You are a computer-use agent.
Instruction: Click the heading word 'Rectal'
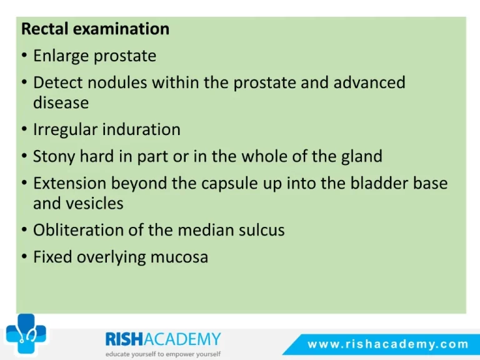(45, 29)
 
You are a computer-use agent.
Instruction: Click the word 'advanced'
(369, 82)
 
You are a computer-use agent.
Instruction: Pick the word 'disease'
(61, 102)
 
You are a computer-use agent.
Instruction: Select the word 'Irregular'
(65, 130)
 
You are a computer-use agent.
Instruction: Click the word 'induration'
(141, 129)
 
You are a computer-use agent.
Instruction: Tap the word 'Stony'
(54, 157)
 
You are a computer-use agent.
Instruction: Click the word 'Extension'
(69, 183)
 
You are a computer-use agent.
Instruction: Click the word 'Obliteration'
(78, 229)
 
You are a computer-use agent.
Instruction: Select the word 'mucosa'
(179, 257)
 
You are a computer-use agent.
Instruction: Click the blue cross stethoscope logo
(26, 334)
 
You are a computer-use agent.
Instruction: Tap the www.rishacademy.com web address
(388, 344)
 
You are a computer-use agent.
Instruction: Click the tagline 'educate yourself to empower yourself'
(163, 354)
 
